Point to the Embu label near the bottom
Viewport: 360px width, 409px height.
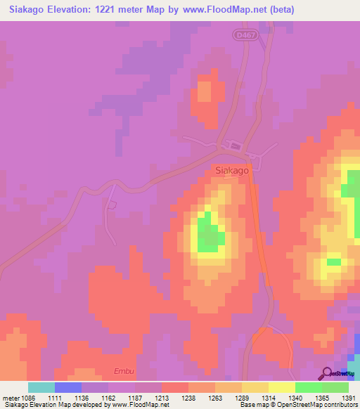tap(123, 371)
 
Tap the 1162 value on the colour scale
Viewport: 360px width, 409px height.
tap(108, 398)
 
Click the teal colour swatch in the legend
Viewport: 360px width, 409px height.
tap(41, 387)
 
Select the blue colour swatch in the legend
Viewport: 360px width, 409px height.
tap(68, 387)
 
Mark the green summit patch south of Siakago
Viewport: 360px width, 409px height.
tap(208, 235)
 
